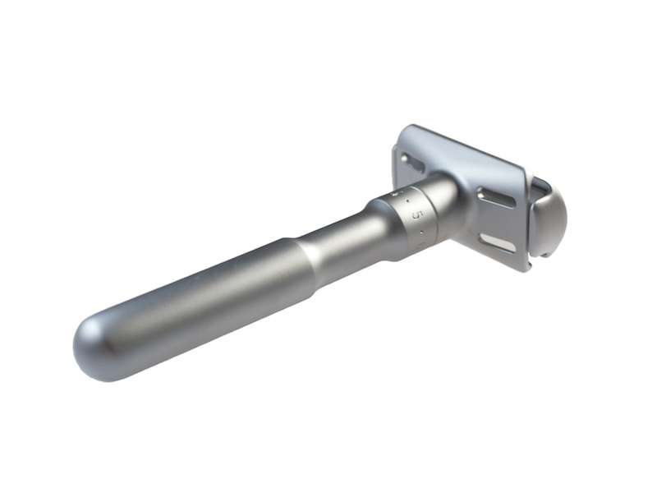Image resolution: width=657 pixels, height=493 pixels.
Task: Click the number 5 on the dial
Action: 416,214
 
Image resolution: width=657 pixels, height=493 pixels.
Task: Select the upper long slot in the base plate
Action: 495,197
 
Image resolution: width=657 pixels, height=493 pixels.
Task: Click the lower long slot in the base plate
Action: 497,242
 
